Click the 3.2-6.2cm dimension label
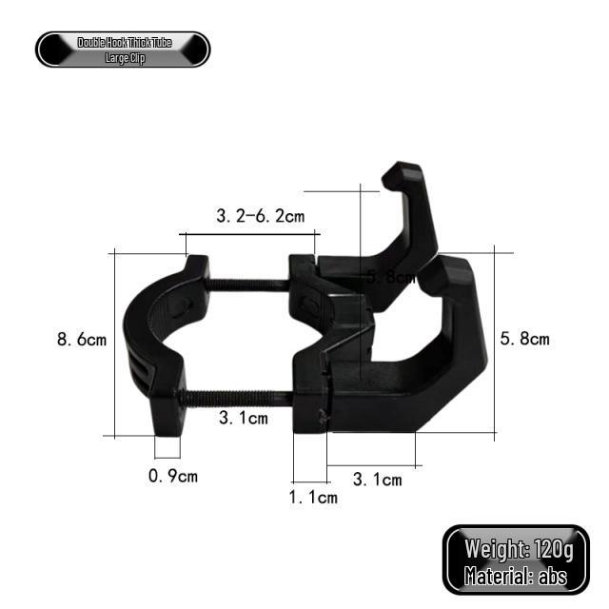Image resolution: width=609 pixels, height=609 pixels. [x=260, y=216]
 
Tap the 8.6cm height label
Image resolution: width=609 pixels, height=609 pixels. [x=83, y=339]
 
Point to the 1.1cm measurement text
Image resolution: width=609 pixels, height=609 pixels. [x=313, y=498]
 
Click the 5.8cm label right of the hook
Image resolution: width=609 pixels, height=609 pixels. [x=524, y=339]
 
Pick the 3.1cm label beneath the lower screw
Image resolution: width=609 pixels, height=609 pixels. [x=243, y=417]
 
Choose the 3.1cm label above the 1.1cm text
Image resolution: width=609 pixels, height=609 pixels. [x=377, y=480]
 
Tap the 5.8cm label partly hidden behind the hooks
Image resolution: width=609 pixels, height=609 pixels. [x=391, y=278]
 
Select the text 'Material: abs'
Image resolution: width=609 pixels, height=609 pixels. [x=515, y=575]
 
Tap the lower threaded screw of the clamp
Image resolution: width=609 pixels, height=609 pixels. [x=238, y=397]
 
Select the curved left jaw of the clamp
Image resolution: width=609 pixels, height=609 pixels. [x=143, y=343]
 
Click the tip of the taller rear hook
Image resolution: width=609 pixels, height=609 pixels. [x=400, y=174]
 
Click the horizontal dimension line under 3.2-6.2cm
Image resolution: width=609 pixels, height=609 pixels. [x=249, y=231]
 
